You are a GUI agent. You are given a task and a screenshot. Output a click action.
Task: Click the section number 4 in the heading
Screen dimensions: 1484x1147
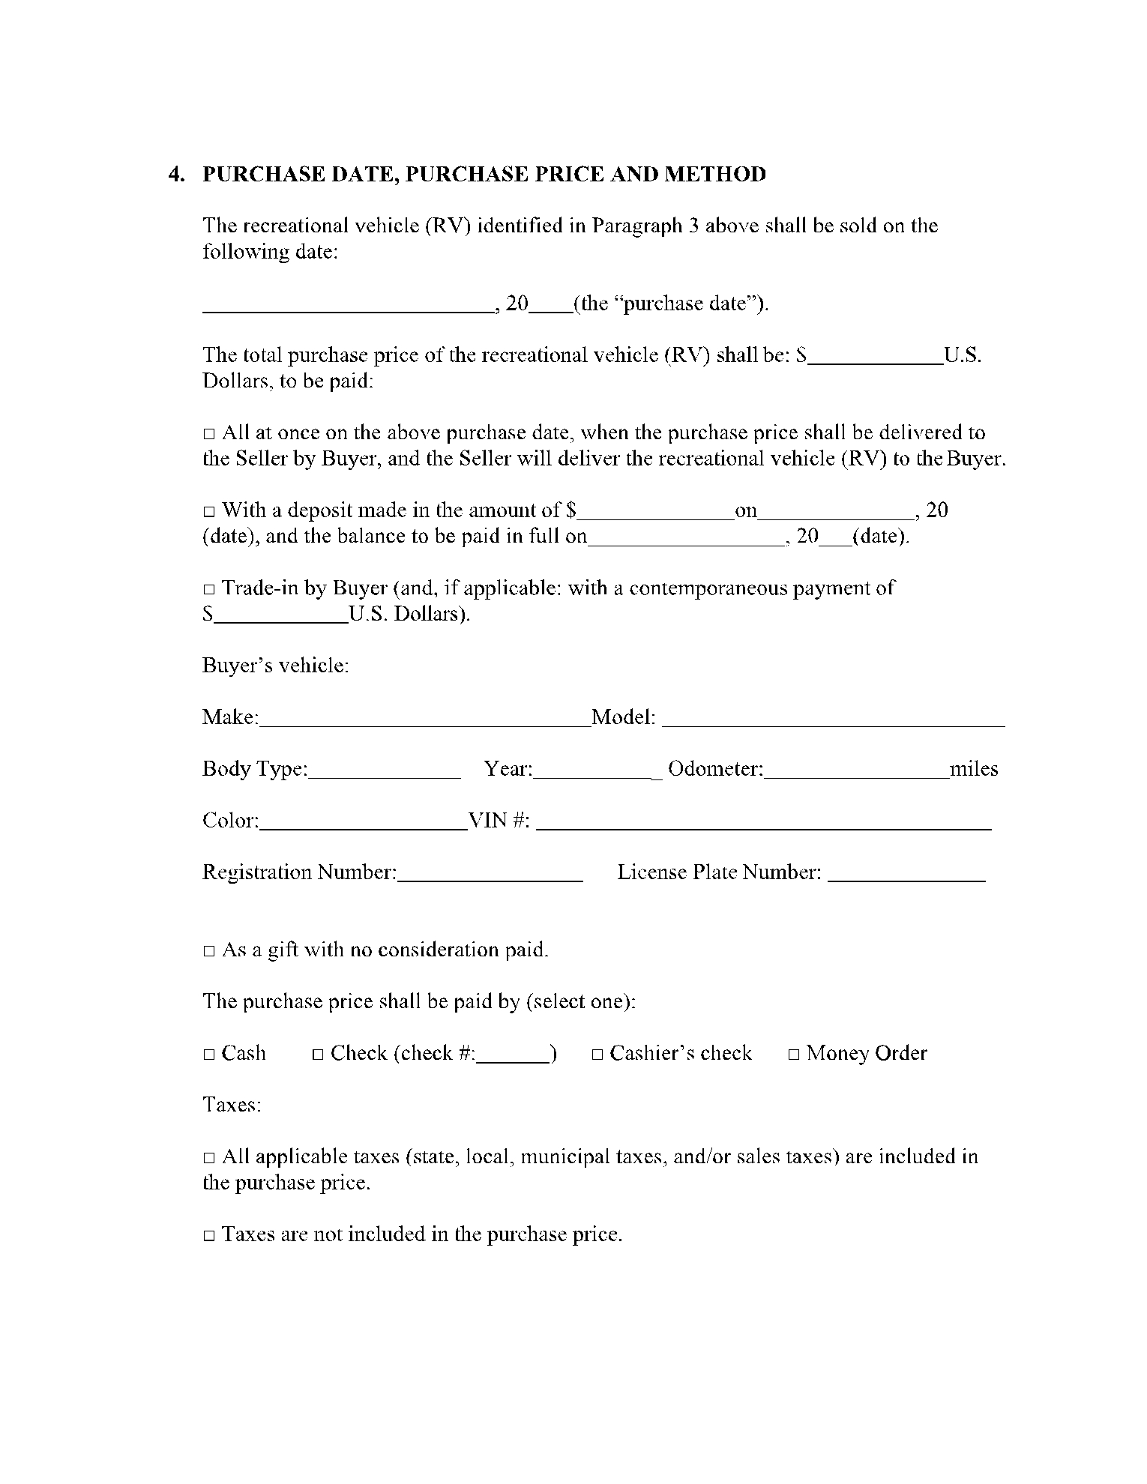(x=175, y=175)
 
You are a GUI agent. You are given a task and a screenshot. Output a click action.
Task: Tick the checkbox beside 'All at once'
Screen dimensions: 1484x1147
(x=209, y=434)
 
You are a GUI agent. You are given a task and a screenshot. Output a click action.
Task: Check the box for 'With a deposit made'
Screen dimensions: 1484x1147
(x=209, y=512)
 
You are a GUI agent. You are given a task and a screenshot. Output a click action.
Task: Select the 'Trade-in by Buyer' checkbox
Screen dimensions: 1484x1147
(x=209, y=589)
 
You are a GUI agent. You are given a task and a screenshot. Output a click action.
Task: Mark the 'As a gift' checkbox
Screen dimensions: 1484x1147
(x=209, y=951)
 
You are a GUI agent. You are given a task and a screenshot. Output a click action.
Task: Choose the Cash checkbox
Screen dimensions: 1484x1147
(x=209, y=1055)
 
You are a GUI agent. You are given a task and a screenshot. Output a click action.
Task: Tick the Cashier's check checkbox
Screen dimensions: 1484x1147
(x=597, y=1055)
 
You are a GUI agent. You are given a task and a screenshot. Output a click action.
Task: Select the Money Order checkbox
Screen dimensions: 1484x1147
(x=794, y=1055)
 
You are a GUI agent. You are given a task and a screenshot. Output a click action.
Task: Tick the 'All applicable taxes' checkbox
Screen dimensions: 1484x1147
(x=209, y=1158)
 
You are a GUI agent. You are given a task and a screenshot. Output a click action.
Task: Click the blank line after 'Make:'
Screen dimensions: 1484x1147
(x=425, y=720)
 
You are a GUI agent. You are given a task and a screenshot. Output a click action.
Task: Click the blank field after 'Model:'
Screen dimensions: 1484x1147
(x=834, y=720)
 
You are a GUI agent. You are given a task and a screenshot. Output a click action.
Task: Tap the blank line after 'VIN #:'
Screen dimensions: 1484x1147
(x=765, y=823)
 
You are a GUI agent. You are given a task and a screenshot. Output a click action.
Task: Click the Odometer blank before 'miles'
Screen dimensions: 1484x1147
(x=856, y=771)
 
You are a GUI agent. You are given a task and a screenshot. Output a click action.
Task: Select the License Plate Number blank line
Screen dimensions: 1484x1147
(x=906, y=875)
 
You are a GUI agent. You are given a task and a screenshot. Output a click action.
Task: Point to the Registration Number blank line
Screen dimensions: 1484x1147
(x=490, y=875)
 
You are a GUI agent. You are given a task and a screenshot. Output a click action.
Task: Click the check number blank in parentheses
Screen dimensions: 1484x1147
(x=514, y=1055)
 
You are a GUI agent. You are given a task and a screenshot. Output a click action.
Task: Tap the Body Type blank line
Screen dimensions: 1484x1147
(x=384, y=771)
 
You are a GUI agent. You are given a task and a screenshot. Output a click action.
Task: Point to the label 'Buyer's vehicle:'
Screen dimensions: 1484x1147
(x=276, y=666)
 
